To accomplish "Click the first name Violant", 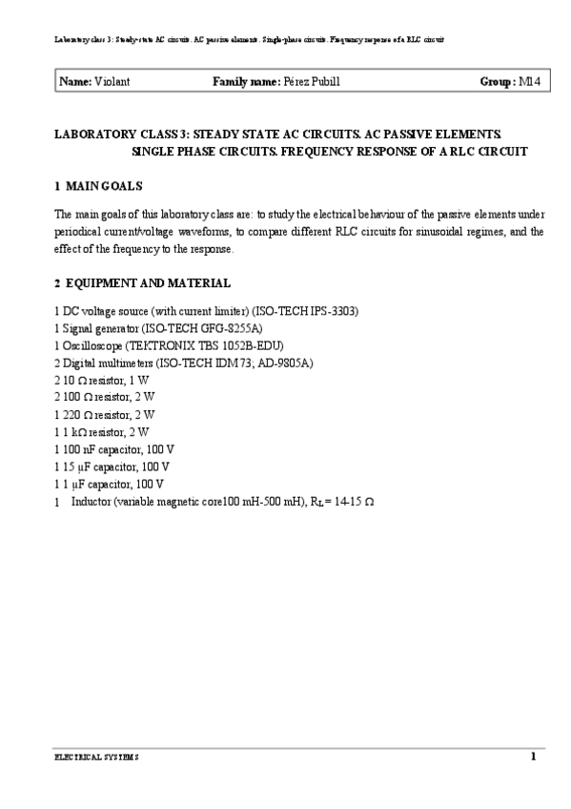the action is pyautogui.click(x=112, y=82).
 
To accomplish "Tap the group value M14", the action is pyautogui.click(x=529, y=82).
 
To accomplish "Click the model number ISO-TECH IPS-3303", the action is pyautogui.click(x=305, y=312).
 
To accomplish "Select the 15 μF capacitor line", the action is pyautogui.click(x=112, y=467).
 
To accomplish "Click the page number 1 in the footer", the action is pyautogui.click(x=534, y=757).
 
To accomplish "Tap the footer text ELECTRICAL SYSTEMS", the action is pyautogui.click(x=95, y=757).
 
